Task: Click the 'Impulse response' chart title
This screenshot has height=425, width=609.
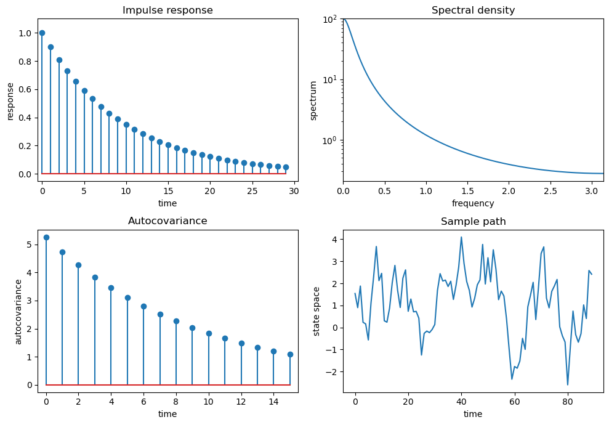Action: (167, 10)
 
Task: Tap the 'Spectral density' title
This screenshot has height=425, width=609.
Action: (473, 10)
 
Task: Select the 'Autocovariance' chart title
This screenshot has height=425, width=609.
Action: (167, 221)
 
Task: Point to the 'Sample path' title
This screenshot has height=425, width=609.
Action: (473, 222)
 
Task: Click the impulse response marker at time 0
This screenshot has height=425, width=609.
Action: (42, 33)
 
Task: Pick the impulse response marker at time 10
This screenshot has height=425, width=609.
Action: (126, 124)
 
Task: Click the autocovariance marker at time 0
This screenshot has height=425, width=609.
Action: (46, 237)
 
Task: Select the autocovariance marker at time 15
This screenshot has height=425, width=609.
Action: (290, 354)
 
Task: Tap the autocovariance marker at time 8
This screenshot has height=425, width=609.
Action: (176, 321)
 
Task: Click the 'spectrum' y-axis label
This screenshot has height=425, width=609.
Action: (313, 100)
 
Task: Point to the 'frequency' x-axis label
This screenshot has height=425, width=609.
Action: (473, 203)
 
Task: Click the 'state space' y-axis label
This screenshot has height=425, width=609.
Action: (317, 311)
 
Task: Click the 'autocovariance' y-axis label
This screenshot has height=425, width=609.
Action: (18, 311)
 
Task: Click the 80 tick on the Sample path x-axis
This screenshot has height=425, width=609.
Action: (568, 403)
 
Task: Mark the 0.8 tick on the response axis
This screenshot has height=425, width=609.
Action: (25, 61)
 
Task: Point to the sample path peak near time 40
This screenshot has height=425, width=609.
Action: (461, 237)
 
